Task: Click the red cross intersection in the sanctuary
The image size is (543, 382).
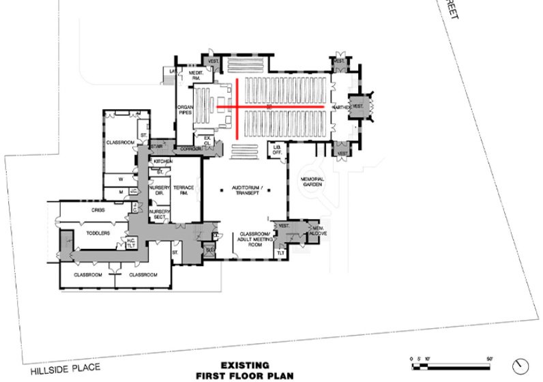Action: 237,108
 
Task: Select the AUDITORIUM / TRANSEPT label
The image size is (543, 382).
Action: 244,190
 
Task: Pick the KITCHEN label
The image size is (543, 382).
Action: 163,161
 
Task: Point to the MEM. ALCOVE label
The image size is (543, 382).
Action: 318,231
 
